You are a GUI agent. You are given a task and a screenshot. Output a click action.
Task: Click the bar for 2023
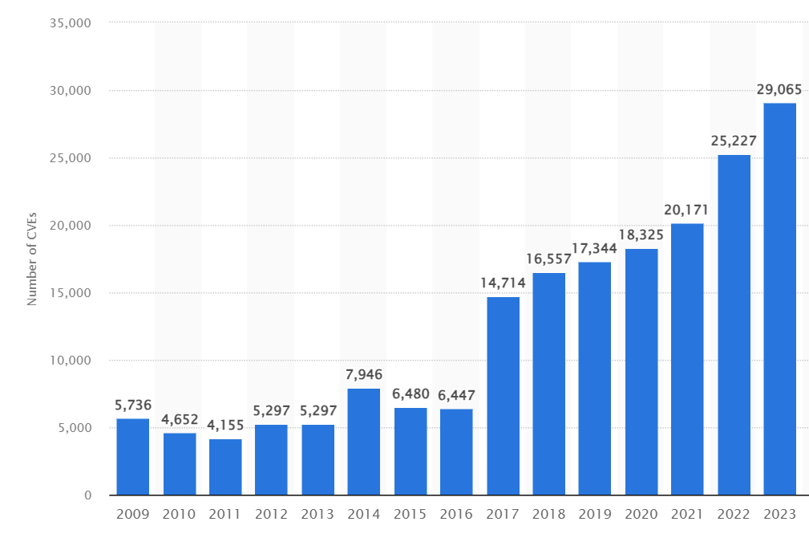(x=779, y=299)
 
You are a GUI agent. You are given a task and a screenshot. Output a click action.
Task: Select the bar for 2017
(x=503, y=396)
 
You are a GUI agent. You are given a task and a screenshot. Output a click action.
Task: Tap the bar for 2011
(x=225, y=467)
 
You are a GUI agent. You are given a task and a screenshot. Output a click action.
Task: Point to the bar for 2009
(x=133, y=456)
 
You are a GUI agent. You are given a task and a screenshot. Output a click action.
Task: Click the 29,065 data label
(x=779, y=89)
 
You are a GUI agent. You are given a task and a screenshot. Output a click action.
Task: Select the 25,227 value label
(x=734, y=141)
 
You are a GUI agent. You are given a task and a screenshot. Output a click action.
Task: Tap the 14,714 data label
(x=503, y=283)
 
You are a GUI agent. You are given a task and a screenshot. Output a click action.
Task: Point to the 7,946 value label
(x=364, y=374)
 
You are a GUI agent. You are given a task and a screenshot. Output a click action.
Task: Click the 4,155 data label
(x=225, y=426)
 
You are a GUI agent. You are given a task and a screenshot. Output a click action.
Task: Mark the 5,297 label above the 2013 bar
(x=318, y=411)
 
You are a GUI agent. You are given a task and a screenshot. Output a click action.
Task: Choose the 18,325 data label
(x=641, y=235)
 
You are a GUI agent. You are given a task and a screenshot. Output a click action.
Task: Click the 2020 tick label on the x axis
(x=641, y=514)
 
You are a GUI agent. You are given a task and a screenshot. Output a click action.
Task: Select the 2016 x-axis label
(x=456, y=514)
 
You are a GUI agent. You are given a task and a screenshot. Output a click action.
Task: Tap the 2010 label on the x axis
(x=180, y=514)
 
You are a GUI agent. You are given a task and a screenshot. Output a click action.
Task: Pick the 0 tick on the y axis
(x=88, y=495)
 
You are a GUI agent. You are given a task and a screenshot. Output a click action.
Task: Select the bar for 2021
(x=687, y=359)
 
